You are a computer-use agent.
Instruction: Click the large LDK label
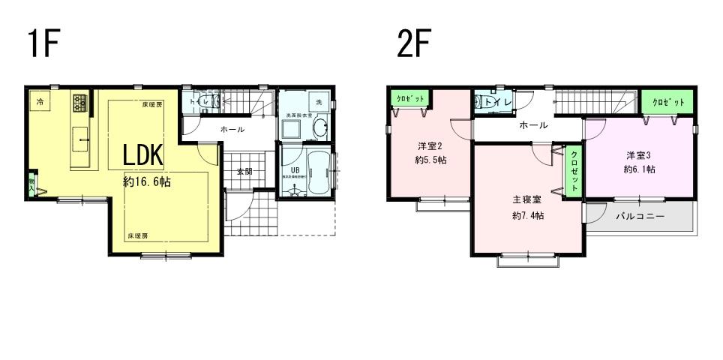(143, 154)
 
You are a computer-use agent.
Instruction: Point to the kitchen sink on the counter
(81, 136)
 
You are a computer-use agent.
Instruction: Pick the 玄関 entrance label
(244, 171)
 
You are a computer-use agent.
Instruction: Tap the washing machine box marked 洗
(319, 101)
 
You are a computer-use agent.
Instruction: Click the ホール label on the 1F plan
(232, 130)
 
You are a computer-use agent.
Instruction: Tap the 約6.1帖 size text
(640, 169)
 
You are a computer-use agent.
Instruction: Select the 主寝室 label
(527, 200)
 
